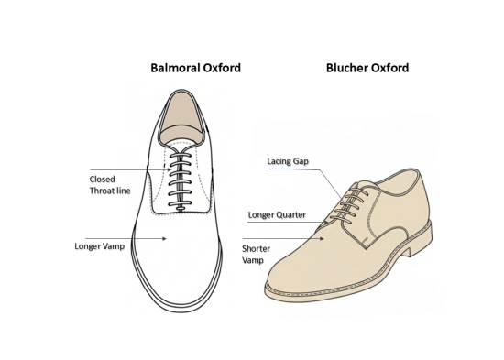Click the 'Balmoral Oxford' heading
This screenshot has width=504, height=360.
195,67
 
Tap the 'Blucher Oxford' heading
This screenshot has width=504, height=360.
366,67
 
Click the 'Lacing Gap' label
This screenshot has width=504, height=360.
286,161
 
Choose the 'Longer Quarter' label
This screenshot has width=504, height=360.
277,216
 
